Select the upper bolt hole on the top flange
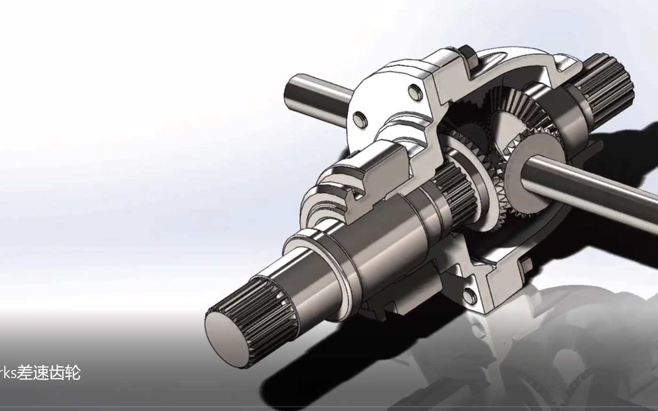414,90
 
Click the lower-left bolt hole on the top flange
359,118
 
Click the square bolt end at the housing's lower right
527,265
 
